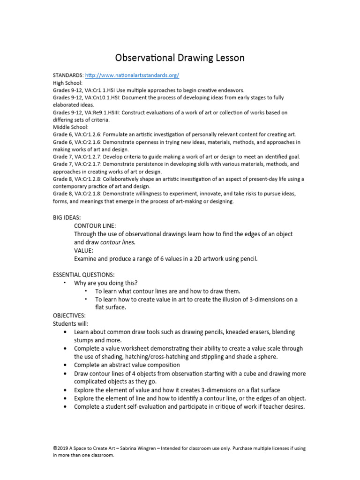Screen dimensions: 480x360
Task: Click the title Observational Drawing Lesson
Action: click(x=180, y=58)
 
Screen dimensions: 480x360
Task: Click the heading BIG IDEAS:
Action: click(x=67, y=218)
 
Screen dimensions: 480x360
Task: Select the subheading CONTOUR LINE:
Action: click(x=94, y=226)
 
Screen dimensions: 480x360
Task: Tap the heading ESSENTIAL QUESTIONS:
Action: click(x=83, y=275)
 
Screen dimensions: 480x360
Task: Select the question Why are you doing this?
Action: click(x=105, y=283)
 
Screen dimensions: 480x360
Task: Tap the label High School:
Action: click(x=67, y=82)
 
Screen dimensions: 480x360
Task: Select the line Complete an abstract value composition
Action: click(x=127, y=364)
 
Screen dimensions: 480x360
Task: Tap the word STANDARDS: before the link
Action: click(x=68, y=75)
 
